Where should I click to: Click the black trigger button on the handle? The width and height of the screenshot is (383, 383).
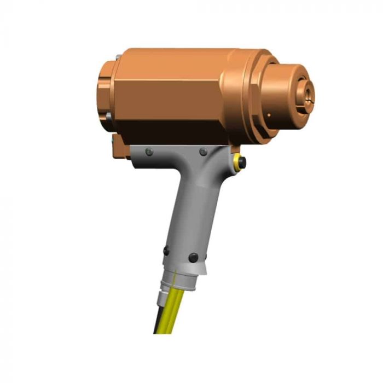(242, 163)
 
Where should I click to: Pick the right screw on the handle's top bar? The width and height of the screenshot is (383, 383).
(203, 152)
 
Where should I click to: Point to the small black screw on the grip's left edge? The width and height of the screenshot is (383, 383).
(166, 251)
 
